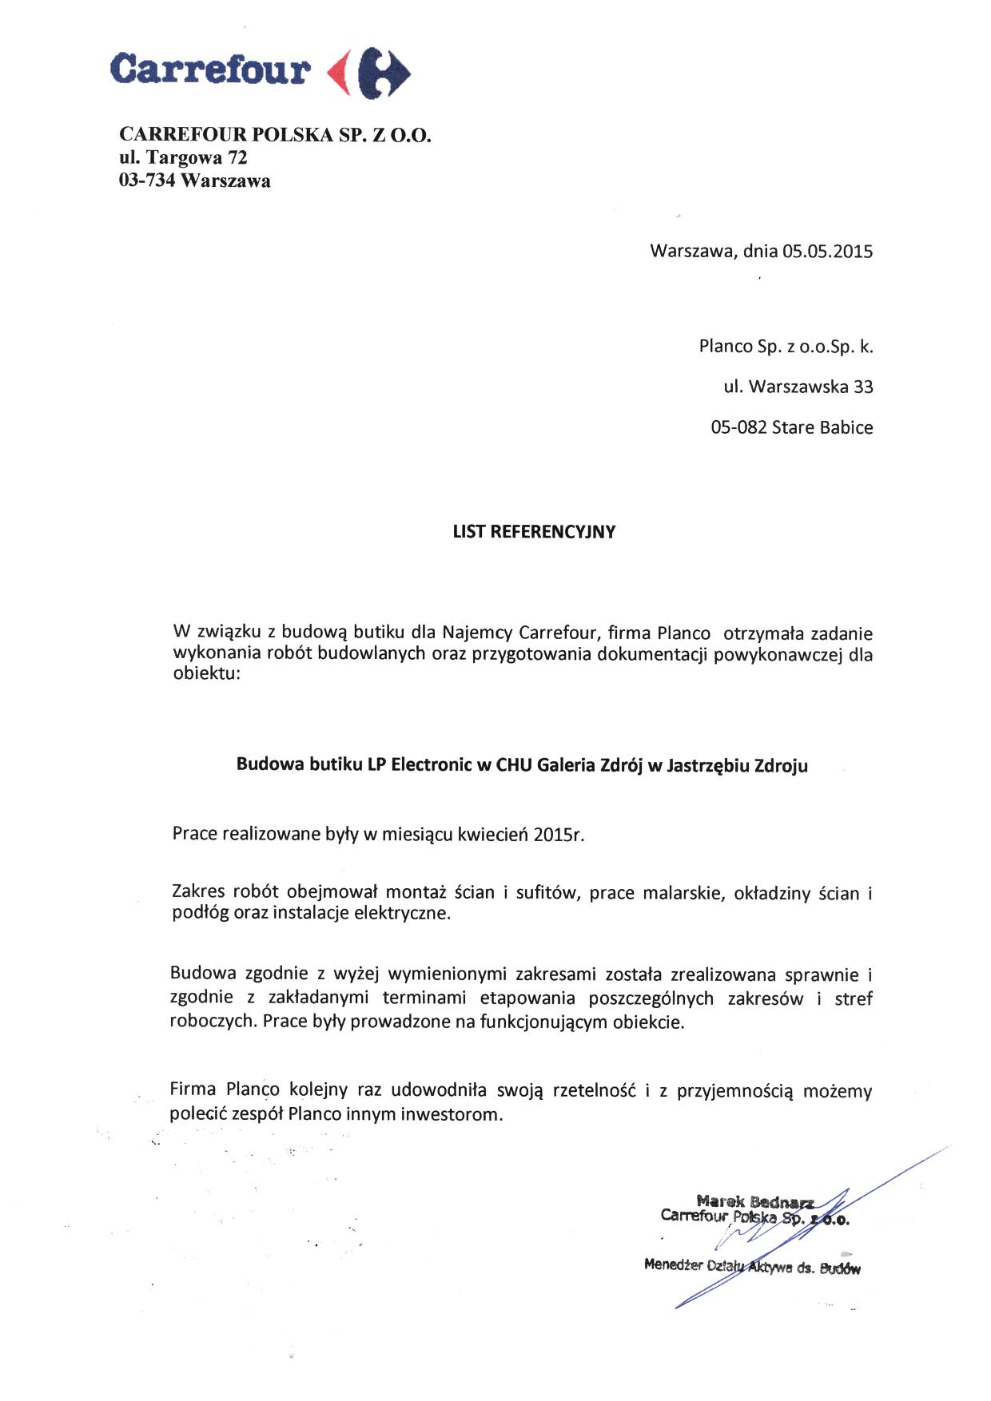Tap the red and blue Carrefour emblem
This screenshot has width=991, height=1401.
[x=369, y=71]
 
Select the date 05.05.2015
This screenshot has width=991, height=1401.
[x=827, y=252]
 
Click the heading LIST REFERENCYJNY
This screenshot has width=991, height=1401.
[x=534, y=532]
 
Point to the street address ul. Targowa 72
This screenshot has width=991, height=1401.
[x=183, y=157]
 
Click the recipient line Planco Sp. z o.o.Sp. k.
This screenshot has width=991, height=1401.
[x=786, y=347]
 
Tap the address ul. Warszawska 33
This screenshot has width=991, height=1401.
[x=798, y=387]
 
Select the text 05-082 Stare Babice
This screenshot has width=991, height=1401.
[x=791, y=427]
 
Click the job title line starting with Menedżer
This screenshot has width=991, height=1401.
[x=752, y=1266]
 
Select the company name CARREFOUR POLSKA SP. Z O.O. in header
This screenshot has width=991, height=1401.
[x=275, y=134]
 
